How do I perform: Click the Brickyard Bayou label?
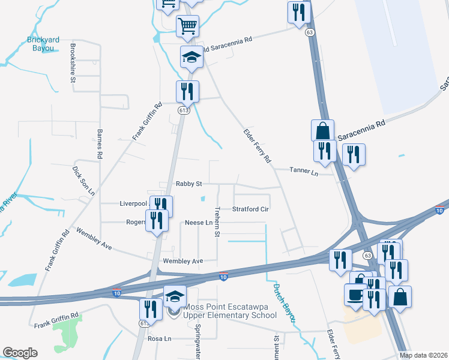point(44,43)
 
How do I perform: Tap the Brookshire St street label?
point(73,62)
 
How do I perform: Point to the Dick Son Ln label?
point(84,181)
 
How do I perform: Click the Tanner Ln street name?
point(303,170)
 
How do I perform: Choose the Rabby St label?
point(189,183)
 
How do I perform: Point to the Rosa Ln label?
point(159,338)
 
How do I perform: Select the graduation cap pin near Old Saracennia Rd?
point(191,57)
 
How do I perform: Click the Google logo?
point(20,353)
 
